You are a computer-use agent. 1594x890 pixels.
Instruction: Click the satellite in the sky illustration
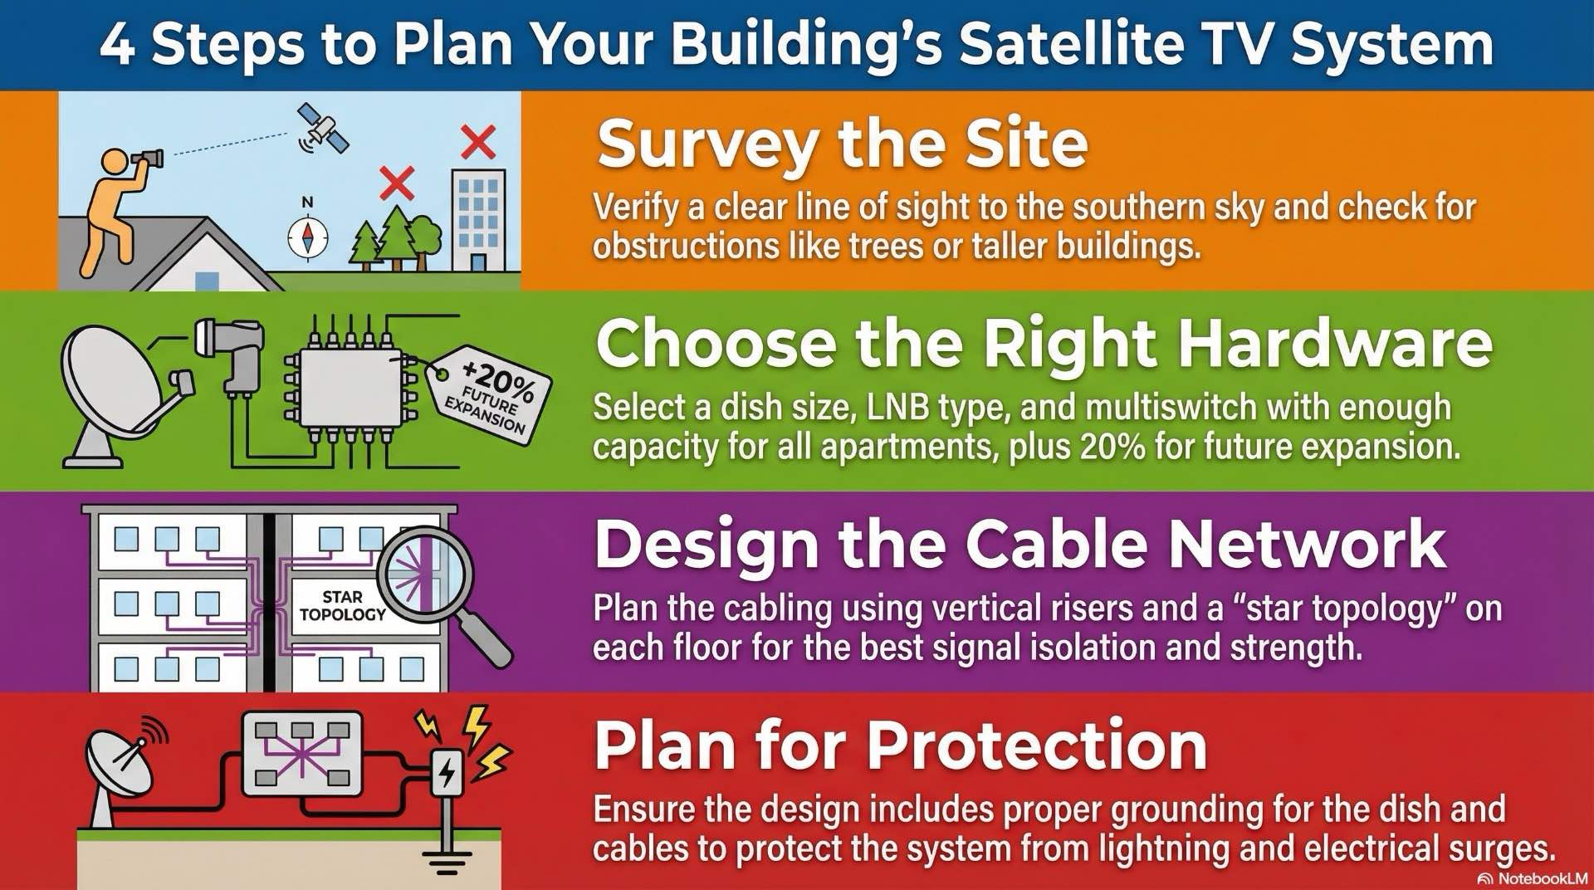point(323,129)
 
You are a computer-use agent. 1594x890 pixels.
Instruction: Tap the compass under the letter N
point(307,237)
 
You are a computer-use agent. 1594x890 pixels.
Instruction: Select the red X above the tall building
point(478,142)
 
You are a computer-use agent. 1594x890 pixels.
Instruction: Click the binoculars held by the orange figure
point(149,158)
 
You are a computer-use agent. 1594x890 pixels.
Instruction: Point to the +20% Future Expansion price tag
point(490,394)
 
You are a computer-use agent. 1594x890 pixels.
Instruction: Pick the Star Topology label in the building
point(342,606)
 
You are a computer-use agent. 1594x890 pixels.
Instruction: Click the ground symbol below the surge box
point(447,863)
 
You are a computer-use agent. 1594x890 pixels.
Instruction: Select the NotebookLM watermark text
point(1542,878)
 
